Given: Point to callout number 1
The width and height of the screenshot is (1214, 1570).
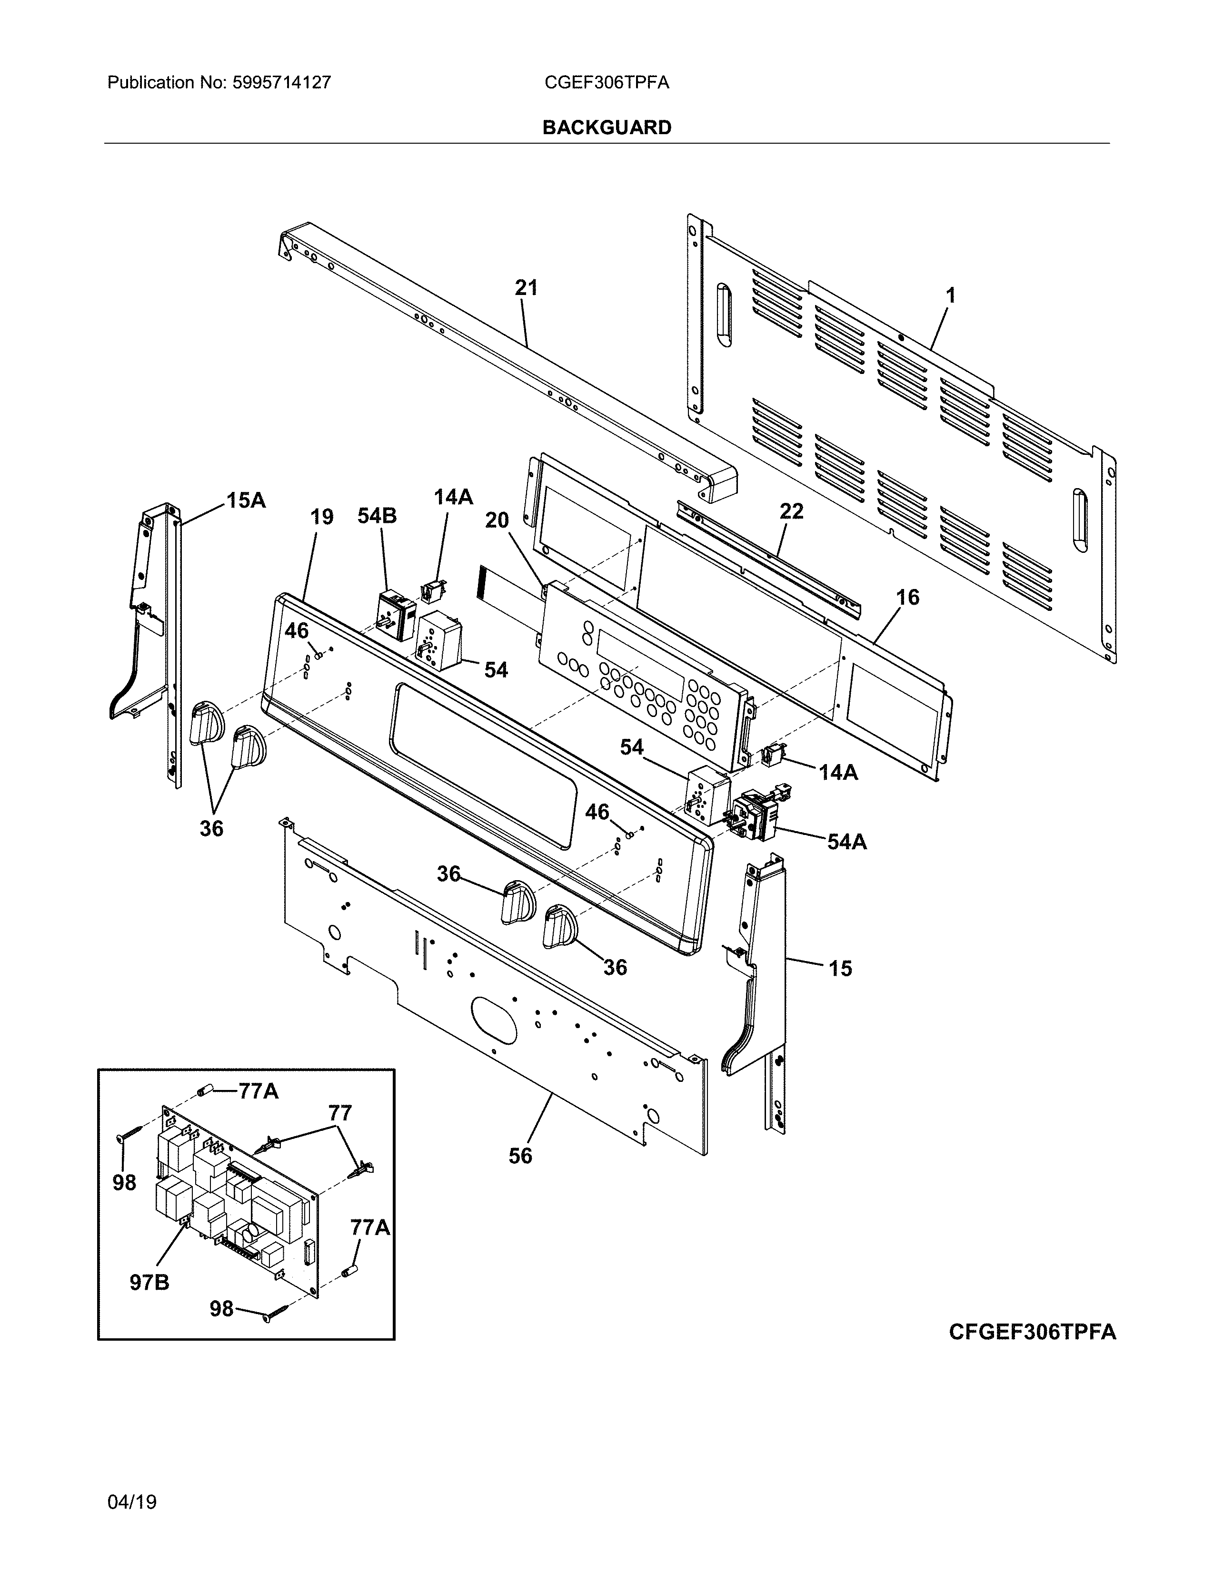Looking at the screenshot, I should click(x=950, y=295).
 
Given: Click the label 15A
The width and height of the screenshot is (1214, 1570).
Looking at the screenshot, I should click(x=246, y=500).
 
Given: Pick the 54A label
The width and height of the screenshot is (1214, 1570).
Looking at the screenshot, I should click(x=846, y=842).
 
